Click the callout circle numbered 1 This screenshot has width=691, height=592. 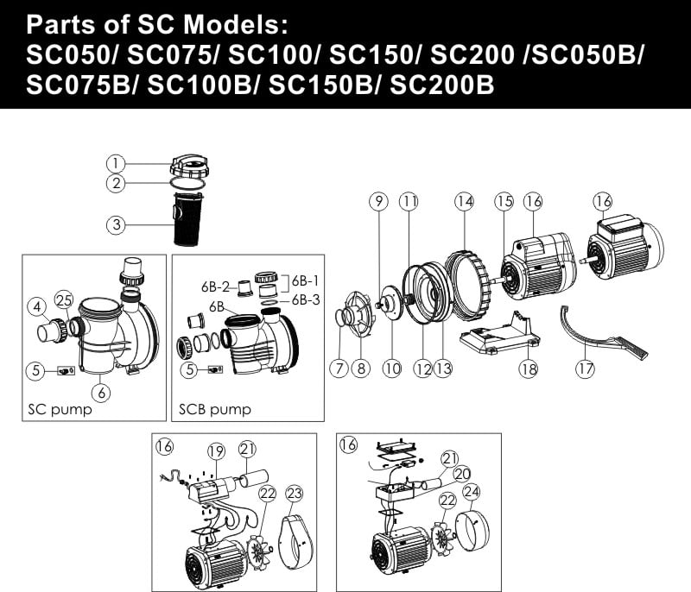point(116,164)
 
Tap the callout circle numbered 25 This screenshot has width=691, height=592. point(64,300)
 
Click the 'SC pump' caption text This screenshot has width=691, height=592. point(60,409)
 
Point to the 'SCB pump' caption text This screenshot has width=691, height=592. point(214,409)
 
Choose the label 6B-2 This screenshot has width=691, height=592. point(215,287)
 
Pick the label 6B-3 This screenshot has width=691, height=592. point(306,299)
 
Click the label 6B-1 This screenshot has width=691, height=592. point(305,280)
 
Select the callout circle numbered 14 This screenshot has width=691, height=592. point(465,202)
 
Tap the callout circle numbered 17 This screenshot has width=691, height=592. point(585,368)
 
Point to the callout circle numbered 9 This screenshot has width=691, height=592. point(378,202)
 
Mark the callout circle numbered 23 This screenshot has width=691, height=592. point(295,494)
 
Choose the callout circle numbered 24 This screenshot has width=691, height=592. point(471,492)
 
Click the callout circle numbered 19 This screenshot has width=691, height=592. point(216,451)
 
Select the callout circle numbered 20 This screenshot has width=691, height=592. point(462,474)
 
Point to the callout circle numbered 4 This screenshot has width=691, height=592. point(37,306)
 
